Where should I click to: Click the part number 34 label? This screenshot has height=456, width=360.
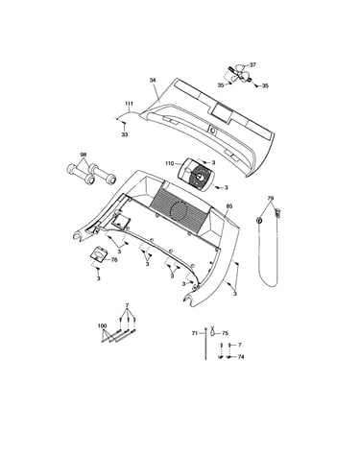click(153, 81)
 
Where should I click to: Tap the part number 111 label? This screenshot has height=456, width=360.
click(129, 104)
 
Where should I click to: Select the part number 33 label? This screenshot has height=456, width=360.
click(125, 134)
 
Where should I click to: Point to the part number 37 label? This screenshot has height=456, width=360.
click(252, 64)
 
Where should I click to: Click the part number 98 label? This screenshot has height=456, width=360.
click(84, 155)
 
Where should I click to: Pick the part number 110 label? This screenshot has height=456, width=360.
click(170, 163)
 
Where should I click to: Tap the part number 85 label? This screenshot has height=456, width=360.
click(229, 206)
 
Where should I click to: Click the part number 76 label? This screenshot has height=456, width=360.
click(114, 260)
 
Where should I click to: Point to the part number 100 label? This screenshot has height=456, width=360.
click(102, 325)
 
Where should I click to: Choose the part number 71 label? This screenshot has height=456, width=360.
click(195, 333)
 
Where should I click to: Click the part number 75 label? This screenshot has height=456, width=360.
click(225, 333)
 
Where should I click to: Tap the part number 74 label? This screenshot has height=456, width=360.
click(241, 356)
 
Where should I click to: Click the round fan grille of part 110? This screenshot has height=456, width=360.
click(200, 177)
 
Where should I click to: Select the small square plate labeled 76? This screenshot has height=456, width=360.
click(100, 254)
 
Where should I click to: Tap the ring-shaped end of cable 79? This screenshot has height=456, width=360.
click(259, 221)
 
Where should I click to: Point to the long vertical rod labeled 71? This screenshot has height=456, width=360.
click(205, 344)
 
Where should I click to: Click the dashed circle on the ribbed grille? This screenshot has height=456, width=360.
click(180, 210)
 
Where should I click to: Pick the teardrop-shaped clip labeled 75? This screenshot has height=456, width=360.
click(212, 332)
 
